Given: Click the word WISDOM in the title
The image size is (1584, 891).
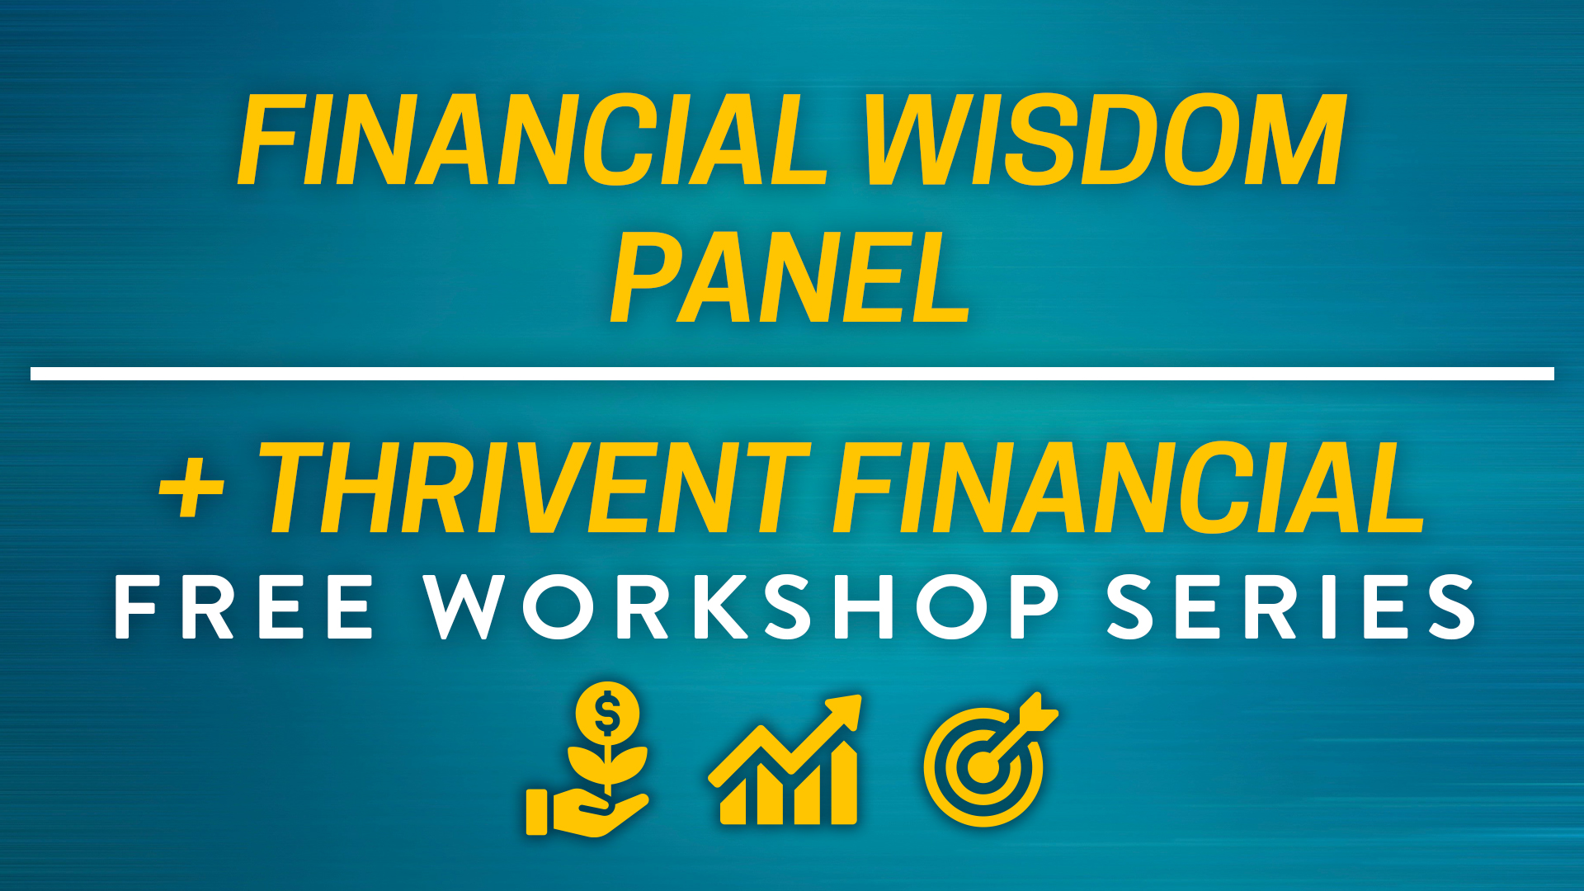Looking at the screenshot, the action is coord(1105,139).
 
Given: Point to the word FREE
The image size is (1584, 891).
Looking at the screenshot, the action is coord(244,607).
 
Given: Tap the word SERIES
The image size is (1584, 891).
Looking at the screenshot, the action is coord(1291,607).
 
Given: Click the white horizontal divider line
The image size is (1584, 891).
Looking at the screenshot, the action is coord(792,374).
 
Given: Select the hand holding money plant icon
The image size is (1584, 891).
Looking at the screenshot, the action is coord(587,759).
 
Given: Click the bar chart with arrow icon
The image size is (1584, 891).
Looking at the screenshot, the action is coord(785,759).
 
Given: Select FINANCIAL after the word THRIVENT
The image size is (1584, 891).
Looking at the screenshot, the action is coord(1129,488).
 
